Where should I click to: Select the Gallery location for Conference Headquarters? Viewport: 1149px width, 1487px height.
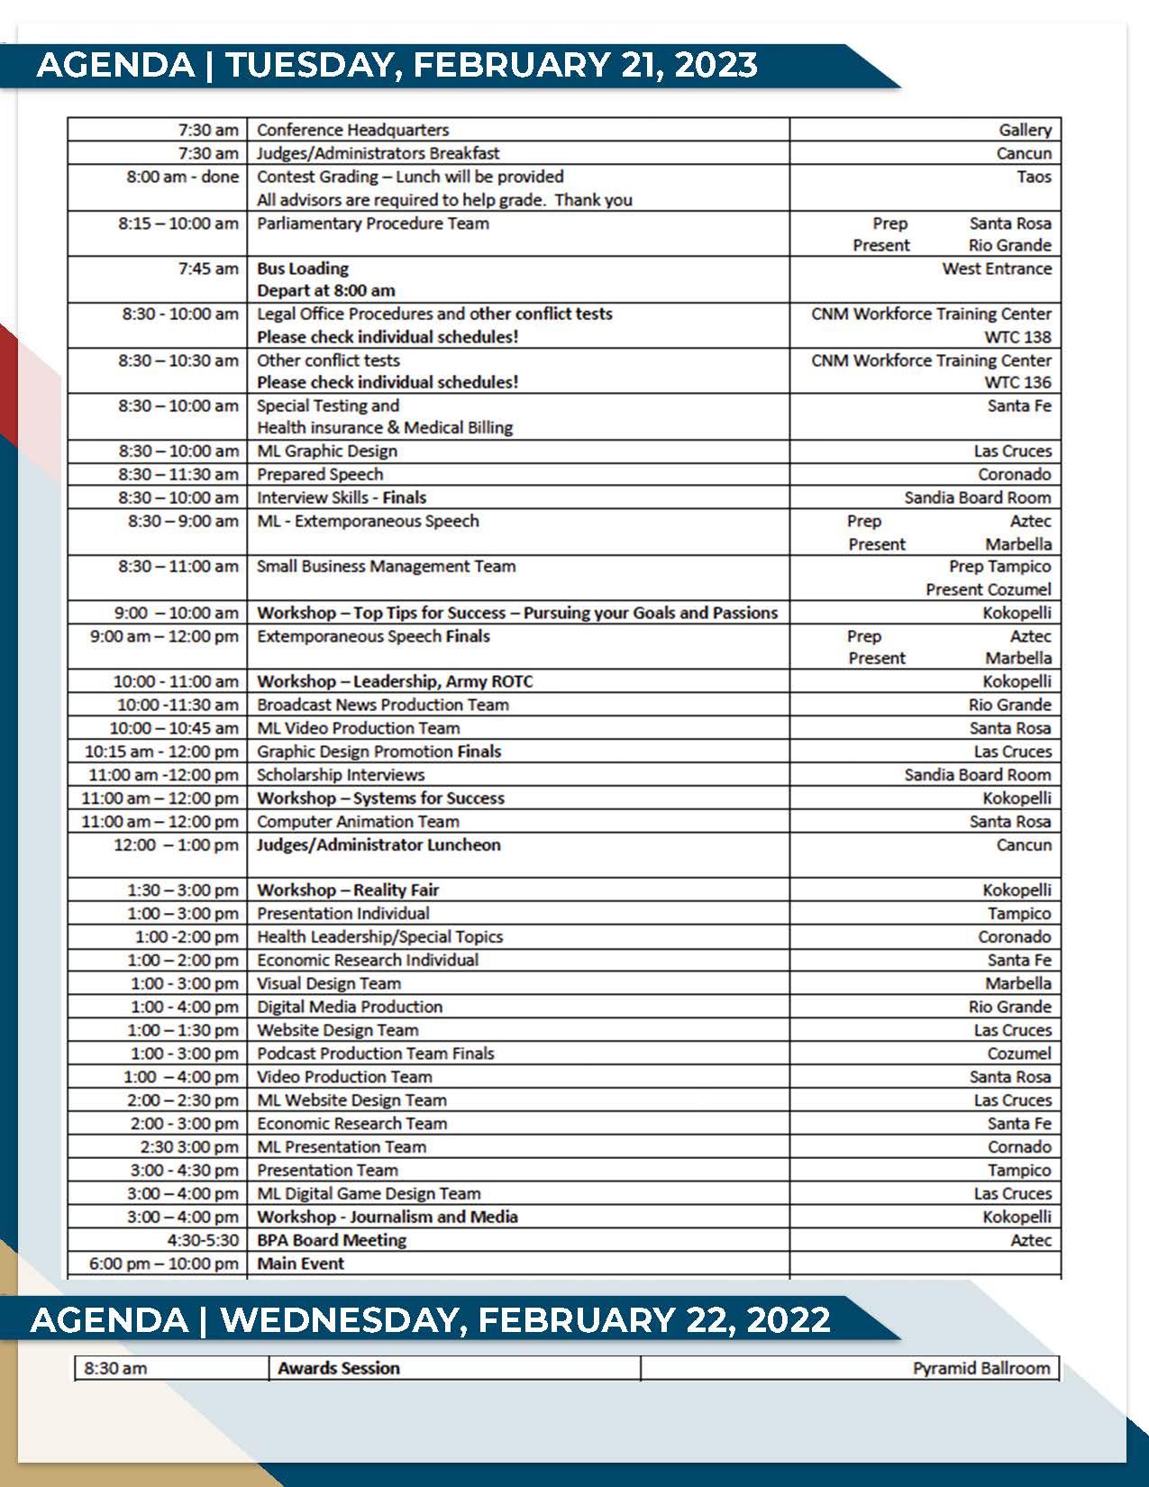1025,130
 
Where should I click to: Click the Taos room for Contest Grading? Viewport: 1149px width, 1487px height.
1034,177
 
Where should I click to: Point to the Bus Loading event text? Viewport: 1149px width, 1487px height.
303,269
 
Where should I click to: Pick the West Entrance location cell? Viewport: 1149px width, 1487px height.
997,269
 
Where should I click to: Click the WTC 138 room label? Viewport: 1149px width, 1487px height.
1017,337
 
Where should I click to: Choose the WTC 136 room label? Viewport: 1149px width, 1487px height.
1017,382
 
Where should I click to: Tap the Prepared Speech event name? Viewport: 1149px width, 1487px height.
320,474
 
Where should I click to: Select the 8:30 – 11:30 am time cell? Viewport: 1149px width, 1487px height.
178,474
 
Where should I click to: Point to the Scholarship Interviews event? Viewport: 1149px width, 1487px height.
341,775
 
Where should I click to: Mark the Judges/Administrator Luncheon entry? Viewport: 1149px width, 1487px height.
378,845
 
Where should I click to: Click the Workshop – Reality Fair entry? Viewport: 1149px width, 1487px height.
348,890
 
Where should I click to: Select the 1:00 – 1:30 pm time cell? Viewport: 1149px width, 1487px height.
183,1030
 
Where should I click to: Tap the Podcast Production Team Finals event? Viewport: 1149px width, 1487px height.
376,1054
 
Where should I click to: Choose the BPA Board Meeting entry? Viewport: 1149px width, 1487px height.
332,1241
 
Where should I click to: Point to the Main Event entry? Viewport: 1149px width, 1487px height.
301,1263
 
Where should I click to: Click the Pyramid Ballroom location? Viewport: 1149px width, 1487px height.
981,1368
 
